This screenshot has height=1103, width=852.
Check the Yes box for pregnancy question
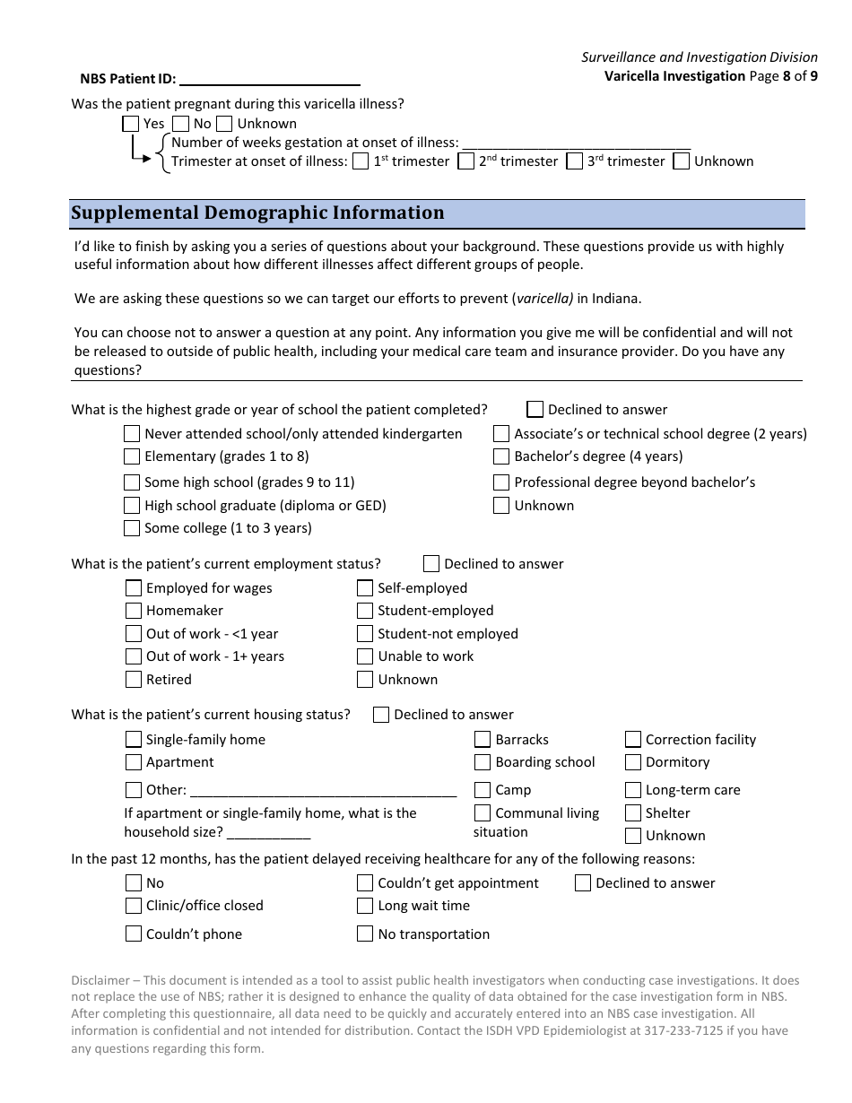[x=130, y=124]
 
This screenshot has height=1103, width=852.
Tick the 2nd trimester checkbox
[x=465, y=161]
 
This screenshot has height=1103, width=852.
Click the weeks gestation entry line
[x=576, y=143]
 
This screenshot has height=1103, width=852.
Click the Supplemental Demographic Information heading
[x=257, y=213]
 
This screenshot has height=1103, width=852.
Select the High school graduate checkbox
[x=132, y=506]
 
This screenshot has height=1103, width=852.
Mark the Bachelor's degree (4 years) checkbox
[x=501, y=456]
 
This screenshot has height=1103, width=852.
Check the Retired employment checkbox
[x=134, y=680]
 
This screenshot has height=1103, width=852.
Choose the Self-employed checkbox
[x=364, y=588]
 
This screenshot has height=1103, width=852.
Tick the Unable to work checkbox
[x=364, y=656]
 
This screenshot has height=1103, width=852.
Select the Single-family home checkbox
[x=133, y=740]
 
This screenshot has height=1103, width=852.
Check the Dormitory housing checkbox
[x=633, y=762]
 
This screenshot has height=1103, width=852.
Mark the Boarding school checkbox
[x=483, y=762]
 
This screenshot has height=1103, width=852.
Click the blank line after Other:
[x=323, y=791]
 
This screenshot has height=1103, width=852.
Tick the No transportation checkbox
[x=364, y=934]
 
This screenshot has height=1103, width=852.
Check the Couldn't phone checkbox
[x=134, y=934]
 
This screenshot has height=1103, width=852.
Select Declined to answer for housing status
[x=381, y=715]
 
